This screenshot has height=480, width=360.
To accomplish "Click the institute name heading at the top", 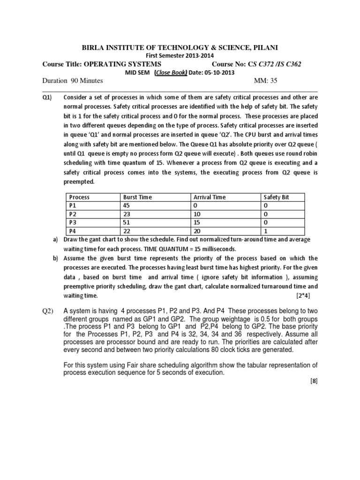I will (180, 47).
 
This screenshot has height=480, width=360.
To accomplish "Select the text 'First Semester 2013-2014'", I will (180, 56).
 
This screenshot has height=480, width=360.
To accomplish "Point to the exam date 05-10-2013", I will (219, 73).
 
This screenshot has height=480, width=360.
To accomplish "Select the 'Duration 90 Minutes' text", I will (73, 81).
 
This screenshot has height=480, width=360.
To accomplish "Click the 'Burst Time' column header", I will (137, 197).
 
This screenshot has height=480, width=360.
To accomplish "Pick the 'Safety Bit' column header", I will (277, 197).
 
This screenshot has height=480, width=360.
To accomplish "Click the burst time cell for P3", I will (127, 222).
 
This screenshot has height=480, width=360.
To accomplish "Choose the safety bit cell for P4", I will (266, 231).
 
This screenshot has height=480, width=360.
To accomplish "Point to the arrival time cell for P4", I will (197, 231).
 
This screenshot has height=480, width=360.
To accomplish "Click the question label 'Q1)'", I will (47, 97).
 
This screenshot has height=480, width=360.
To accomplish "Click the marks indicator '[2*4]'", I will (303, 296).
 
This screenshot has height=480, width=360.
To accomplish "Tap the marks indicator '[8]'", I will (314, 381).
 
